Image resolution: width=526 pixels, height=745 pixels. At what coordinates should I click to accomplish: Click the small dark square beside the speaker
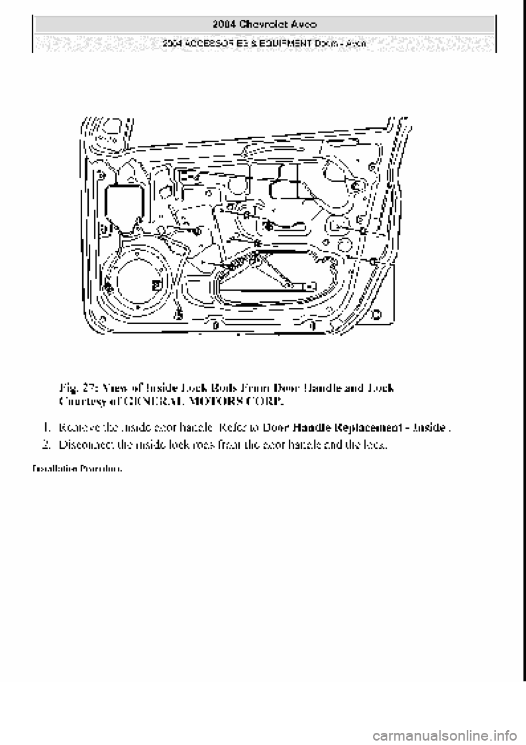(x=157, y=284)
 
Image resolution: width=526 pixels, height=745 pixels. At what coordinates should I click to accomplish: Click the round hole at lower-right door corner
(x=376, y=314)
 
